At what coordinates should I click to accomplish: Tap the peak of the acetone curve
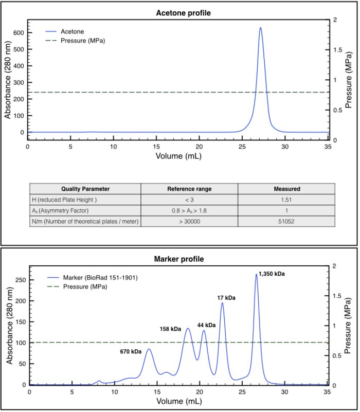point(260,28)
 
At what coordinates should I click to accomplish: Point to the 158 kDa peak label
point(171,329)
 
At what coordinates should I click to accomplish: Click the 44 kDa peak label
point(206,325)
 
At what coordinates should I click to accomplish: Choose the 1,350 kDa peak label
point(272,274)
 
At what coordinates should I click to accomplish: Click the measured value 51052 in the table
point(286,221)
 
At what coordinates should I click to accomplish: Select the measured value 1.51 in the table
point(286,200)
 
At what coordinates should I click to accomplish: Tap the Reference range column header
point(189,189)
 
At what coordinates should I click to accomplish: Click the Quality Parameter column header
point(85,189)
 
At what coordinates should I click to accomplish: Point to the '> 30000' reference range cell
point(189,221)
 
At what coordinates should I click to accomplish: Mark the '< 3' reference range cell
point(189,200)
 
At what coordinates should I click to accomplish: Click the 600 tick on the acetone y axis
point(19,32)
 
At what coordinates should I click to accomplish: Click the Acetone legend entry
point(72,31)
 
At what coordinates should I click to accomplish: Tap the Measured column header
point(286,189)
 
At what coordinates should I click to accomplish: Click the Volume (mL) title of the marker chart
point(178,401)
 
